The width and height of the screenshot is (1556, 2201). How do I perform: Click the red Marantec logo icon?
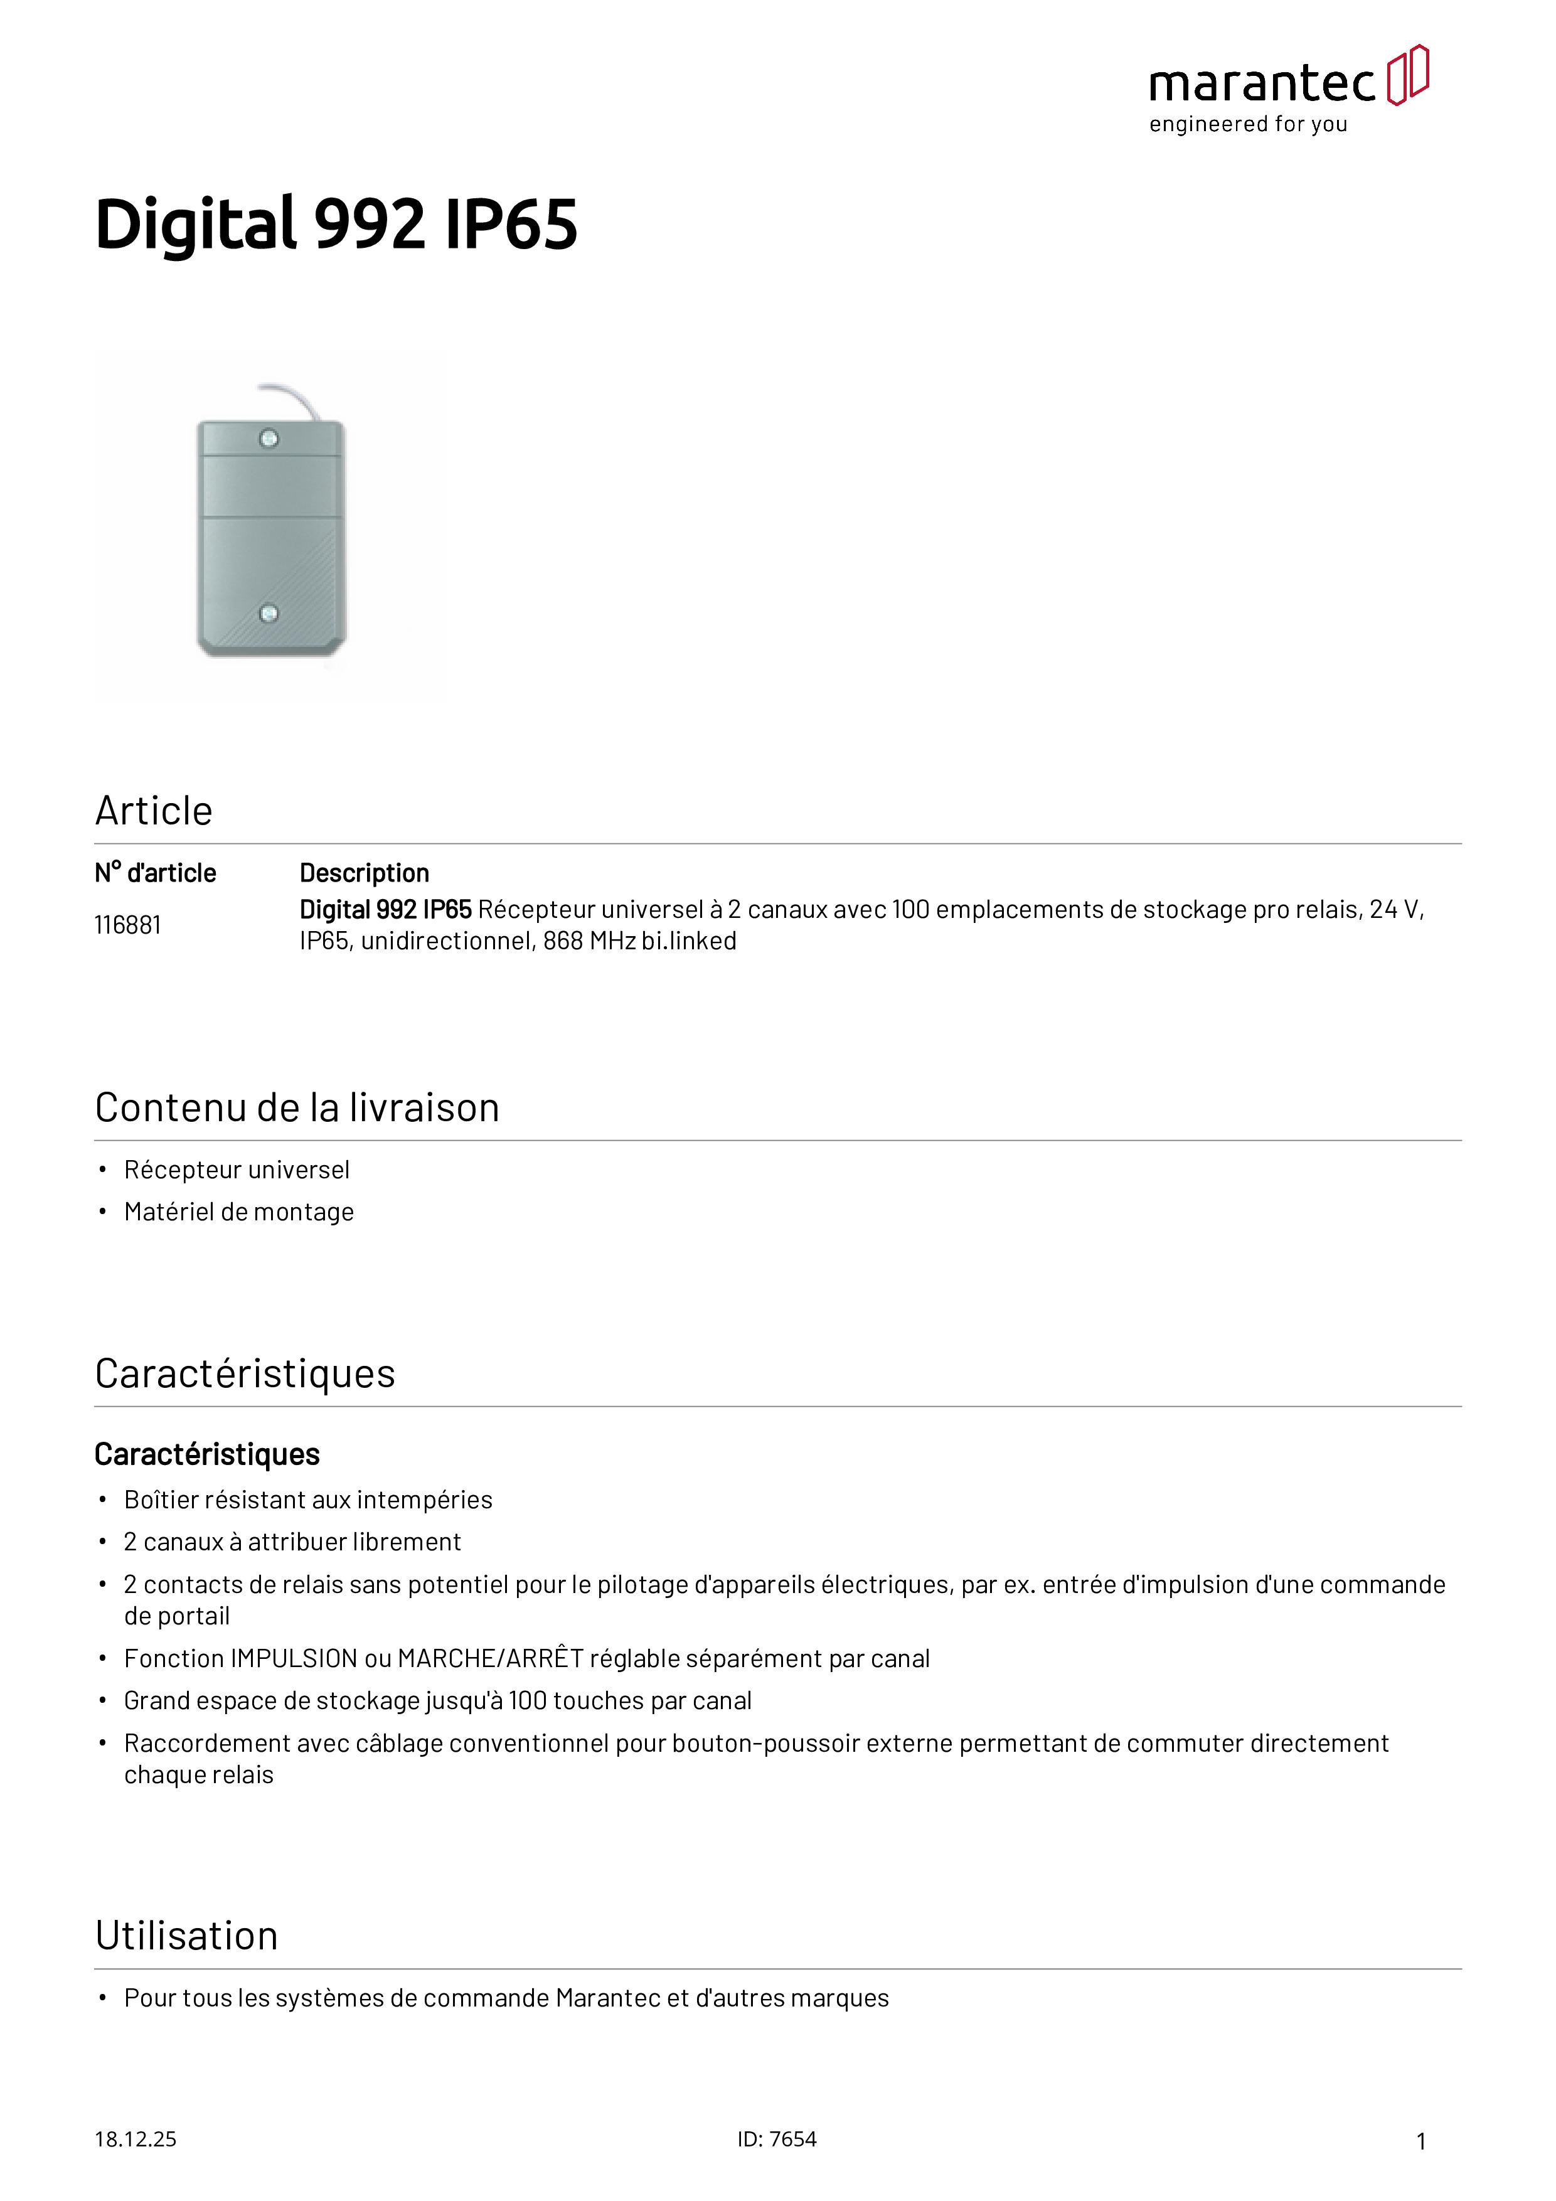[x=1407, y=75]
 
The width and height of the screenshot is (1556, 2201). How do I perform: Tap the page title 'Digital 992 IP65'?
[x=336, y=225]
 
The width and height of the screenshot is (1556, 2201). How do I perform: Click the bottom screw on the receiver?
[x=269, y=612]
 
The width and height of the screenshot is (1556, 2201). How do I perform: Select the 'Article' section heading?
[x=153, y=811]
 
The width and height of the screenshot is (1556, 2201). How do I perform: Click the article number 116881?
[x=127, y=925]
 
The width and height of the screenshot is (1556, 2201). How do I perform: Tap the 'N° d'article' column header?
[x=156, y=873]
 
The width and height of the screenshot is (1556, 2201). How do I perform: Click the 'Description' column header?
[x=365, y=873]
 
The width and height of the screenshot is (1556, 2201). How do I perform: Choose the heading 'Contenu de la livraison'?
[x=297, y=1108]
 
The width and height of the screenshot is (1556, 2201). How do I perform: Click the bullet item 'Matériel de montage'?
[x=238, y=1213]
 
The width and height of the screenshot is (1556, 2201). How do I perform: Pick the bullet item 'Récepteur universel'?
[x=237, y=1171]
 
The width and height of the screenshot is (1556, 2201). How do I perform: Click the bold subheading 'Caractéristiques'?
[x=207, y=1455]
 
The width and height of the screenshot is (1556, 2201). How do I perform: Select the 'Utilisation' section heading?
[x=187, y=1936]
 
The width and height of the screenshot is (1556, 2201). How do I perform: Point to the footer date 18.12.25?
[x=135, y=2140]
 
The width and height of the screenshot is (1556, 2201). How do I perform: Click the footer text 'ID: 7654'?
[x=777, y=2140]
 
